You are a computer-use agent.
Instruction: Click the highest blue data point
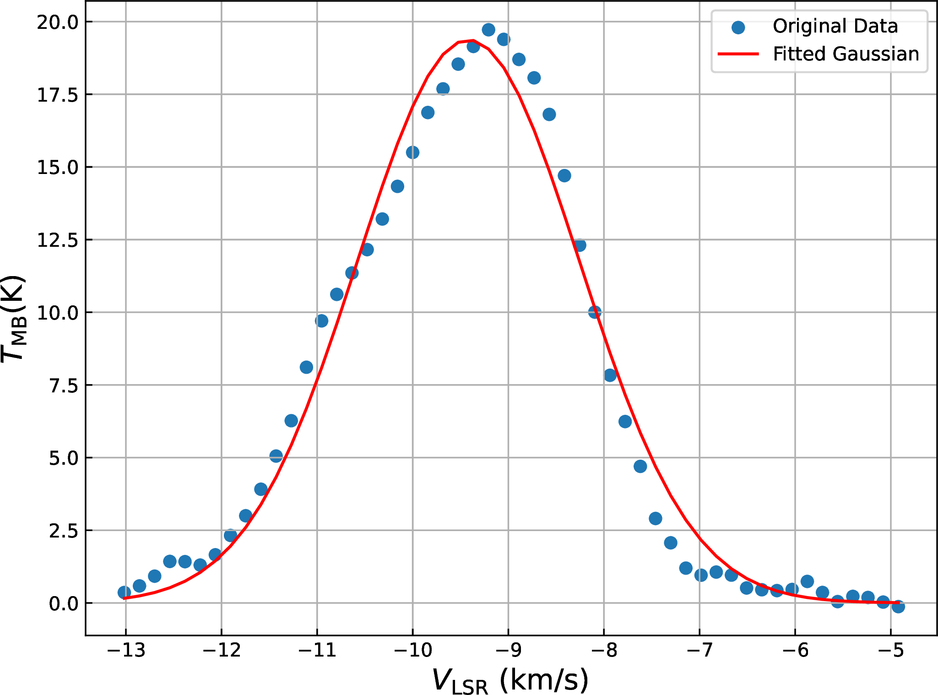pos(488,30)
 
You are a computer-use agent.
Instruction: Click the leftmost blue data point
pos(124,592)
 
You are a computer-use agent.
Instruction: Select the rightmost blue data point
pos(898,607)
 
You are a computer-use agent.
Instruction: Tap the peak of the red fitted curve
pos(473,41)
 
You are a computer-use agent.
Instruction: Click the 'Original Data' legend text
pos(835,26)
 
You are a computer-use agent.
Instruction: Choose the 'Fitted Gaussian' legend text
pos(846,54)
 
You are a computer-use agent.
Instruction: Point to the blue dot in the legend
pos(738,27)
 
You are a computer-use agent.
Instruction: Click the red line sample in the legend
pos(738,54)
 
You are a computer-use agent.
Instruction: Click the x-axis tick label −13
pos(126,651)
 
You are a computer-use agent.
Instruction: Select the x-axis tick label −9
pos(508,651)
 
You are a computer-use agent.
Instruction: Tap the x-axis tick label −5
pos(890,651)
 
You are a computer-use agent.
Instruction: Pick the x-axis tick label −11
pos(317,651)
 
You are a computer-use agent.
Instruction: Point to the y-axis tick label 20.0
pos(58,22)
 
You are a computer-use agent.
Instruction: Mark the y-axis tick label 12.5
pos(58,240)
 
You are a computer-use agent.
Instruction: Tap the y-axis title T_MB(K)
pos(14,318)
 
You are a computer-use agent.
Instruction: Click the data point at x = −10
pos(412,152)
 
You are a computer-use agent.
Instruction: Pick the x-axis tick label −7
pos(699,651)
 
